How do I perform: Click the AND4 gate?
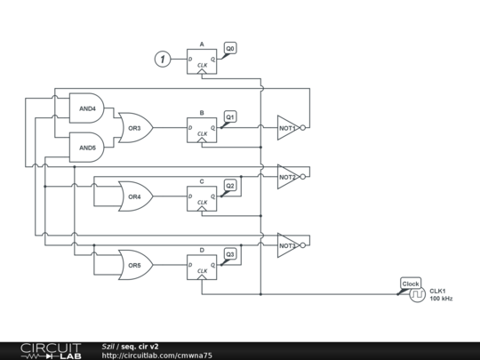[86, 108]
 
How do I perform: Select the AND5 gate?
[86, 148]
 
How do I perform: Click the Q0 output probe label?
[230, 47]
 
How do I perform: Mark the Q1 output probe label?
[230, 116]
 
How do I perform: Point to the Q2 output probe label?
[230, 185]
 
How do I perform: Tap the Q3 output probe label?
[230, 253]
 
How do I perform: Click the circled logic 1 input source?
[162, 60]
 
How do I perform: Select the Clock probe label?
[411, 284]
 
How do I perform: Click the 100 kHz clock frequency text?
[441, 299]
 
